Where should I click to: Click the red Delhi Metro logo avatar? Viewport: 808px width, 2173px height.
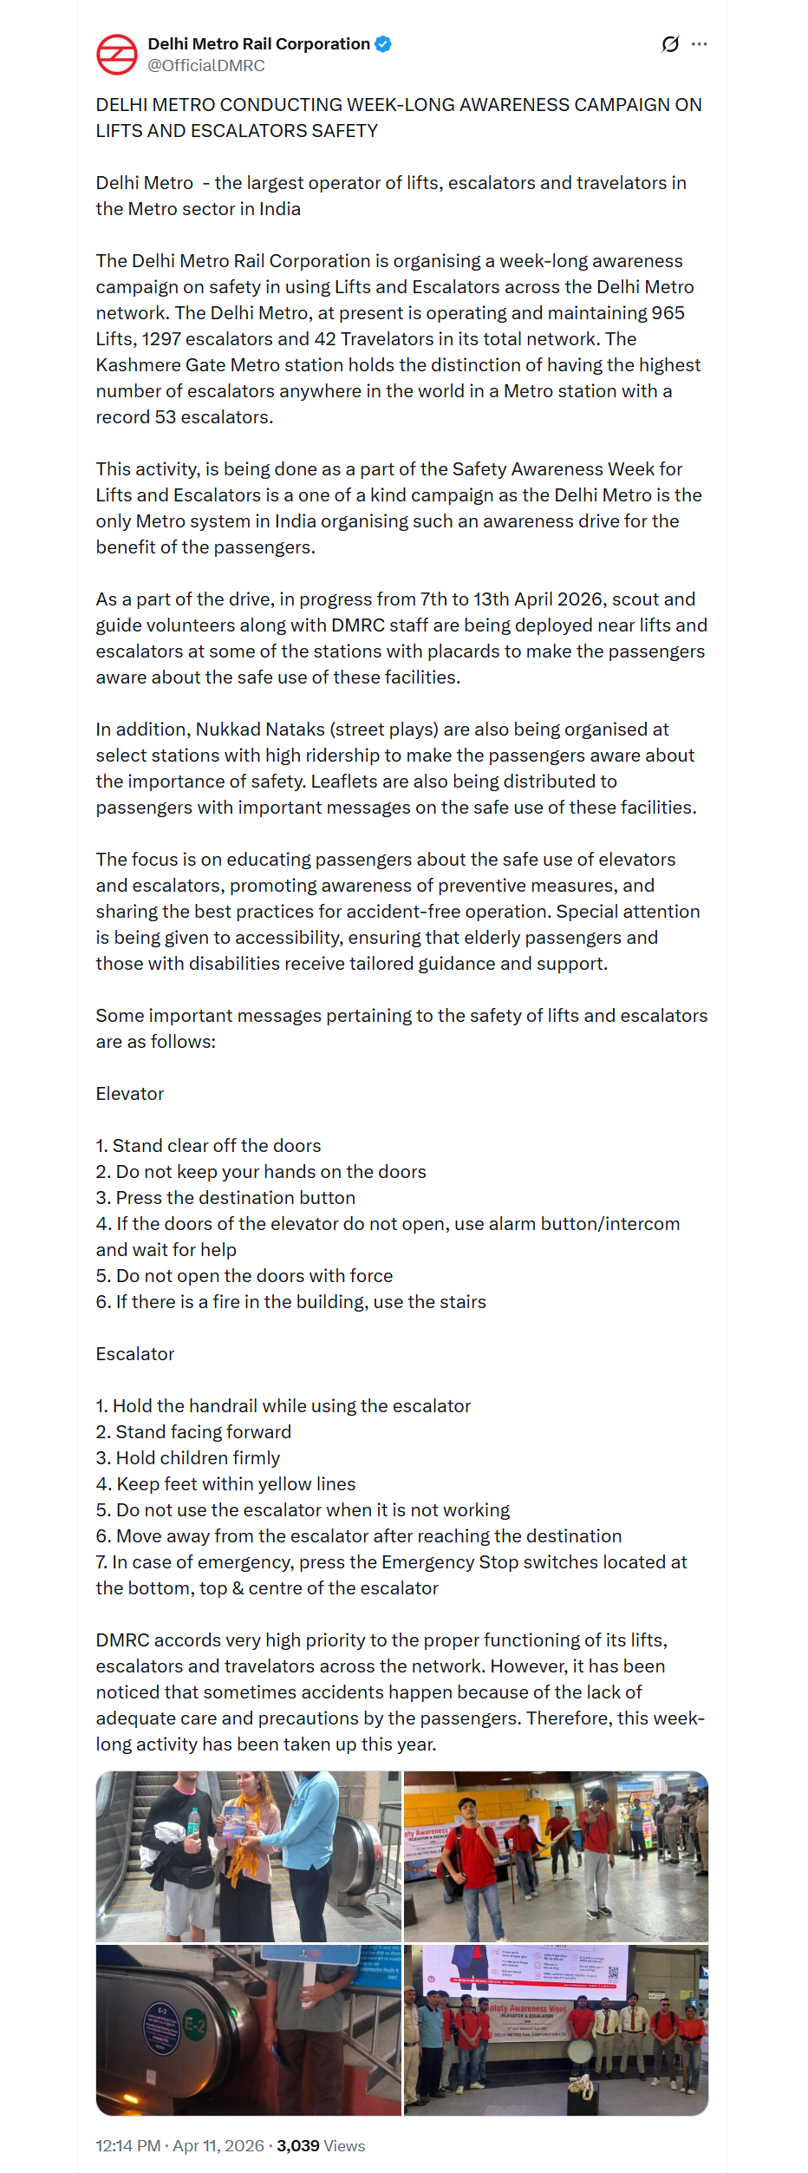click(116, 55)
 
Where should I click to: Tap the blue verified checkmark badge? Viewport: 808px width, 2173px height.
click(383, 43)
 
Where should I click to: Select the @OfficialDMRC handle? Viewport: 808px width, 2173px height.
click(206, 66)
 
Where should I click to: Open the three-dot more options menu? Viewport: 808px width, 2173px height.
click(700, 44)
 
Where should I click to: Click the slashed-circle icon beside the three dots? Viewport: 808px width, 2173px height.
click(670, 44)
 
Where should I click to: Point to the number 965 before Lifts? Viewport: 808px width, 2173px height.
click(668, 313)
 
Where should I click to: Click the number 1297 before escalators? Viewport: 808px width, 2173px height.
click(163, 339)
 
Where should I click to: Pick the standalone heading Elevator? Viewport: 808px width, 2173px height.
click(130, 1094)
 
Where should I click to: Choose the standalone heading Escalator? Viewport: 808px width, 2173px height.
click(135, 1354)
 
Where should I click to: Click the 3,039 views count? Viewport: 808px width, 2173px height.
click(298, 2145)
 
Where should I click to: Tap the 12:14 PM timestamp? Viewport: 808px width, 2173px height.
click(128, 2145)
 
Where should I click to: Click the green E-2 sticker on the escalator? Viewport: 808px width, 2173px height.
click(195, 2025)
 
